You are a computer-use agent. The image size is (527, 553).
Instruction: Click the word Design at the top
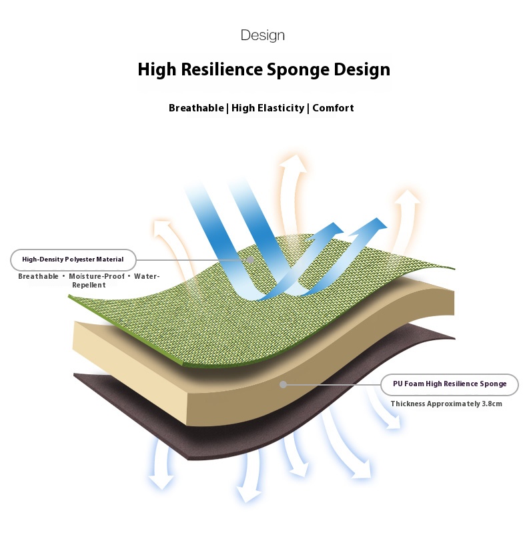(x=262, y=35)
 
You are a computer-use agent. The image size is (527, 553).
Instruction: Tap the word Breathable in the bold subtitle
(x=196, y=108)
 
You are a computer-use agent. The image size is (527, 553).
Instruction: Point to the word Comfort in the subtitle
(x=333, y=108)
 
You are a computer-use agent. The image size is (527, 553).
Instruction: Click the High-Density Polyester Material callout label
(x=73, y=259)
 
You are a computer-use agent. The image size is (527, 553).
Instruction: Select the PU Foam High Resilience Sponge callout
(x=449, y=384)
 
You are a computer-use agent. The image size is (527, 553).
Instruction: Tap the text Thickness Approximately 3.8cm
(x=446, y=404)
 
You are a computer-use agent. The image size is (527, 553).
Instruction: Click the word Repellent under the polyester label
(x=89, y=285)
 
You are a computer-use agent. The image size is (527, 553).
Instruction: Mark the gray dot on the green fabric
(x=250, y=259)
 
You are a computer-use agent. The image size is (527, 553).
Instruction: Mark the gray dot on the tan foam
(x=284, y=384)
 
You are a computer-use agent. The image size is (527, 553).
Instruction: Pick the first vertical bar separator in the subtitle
(x=227, y=108)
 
